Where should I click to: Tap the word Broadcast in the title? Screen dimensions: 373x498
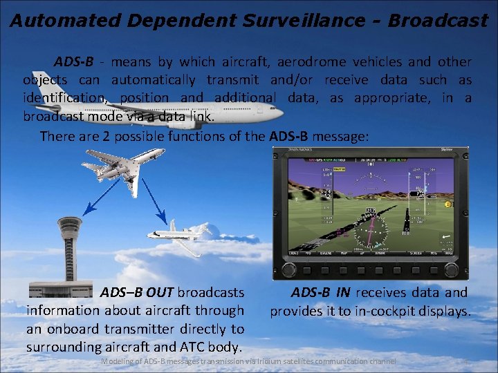coord(438,20)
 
